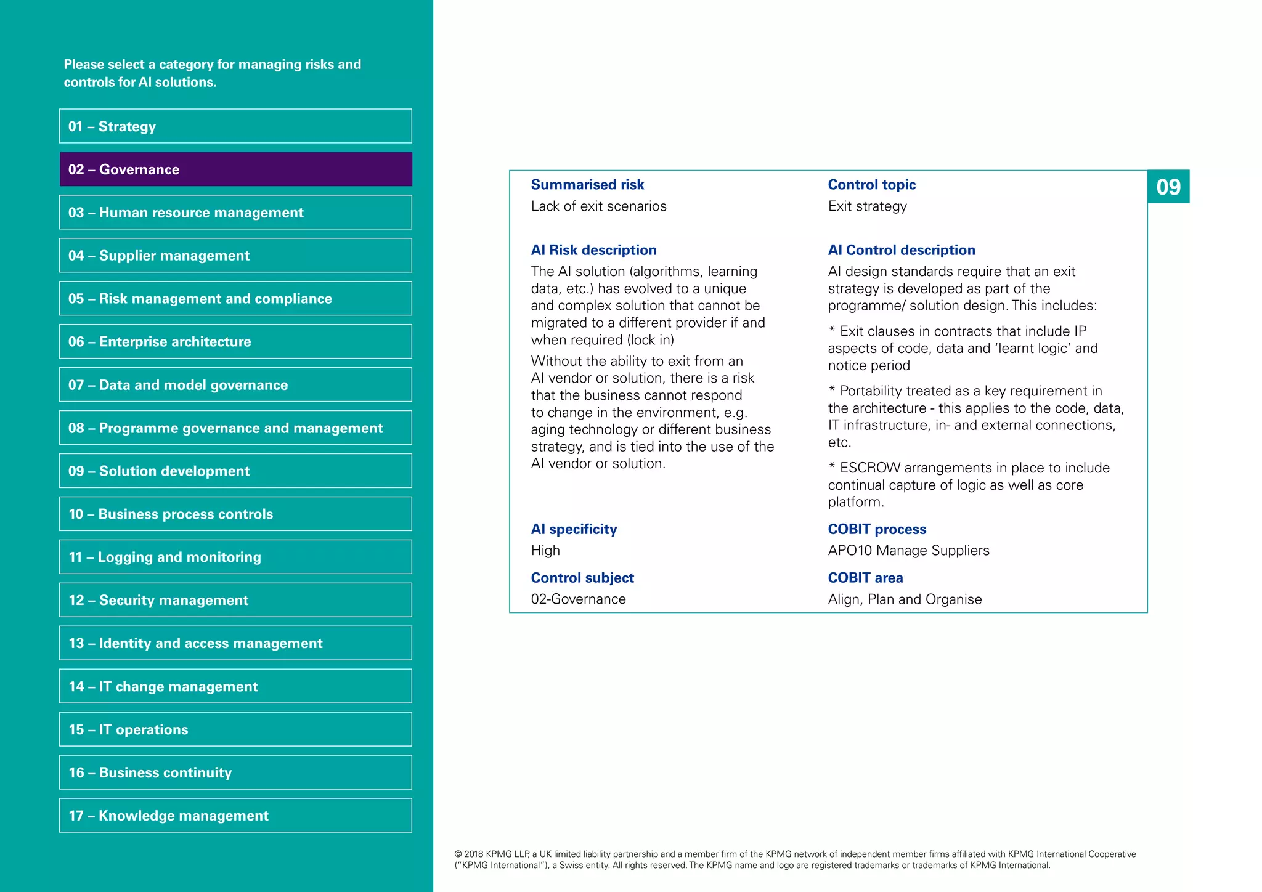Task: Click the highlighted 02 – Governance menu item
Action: point(235,169)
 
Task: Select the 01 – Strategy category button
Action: point(235,126)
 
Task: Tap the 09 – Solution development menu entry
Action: point(235,471)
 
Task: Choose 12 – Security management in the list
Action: point(235,600)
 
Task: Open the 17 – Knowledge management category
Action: point(235,816)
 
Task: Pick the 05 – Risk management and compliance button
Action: point(235,299)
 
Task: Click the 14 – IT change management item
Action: point(235,686)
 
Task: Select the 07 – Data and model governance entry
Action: point(235,385)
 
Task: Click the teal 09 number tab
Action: point(1168,187)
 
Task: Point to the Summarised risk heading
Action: point(587,185)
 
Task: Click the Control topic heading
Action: point(871,185)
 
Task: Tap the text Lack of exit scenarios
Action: point(598,206)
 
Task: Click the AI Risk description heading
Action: point(593,250)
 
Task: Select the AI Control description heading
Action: point(901,250)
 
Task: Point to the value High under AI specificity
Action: point(545,551)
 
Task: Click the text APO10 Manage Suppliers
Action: point(908,551)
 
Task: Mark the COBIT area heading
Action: point(865,578)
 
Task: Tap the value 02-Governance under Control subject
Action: point(578,599)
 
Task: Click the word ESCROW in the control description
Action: point(869,468)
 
